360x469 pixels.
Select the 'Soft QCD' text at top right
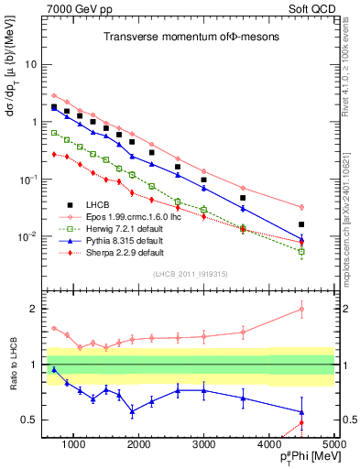tap(309, 9)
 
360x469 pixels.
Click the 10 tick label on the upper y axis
tap(39, 65)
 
